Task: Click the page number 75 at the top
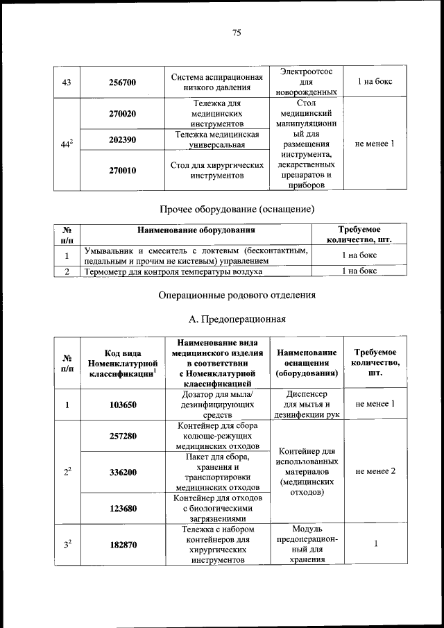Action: pos(236,33)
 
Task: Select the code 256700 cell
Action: pos(123,82)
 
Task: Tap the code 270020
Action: pos(123,113)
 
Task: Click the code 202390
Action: pos(123,139)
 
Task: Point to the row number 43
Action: pos(67,82)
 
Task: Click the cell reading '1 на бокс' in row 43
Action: pos(375,82)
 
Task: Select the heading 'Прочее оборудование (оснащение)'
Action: pos(237,209)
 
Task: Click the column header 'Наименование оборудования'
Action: pos(196,230)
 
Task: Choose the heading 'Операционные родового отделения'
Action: pos(237,295)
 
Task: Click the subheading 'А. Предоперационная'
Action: pos(237,319)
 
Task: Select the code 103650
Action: pos(123,404)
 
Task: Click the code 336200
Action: pos(123,472)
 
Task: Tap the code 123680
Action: pos(123,508)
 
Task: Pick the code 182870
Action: pos(123,545)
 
